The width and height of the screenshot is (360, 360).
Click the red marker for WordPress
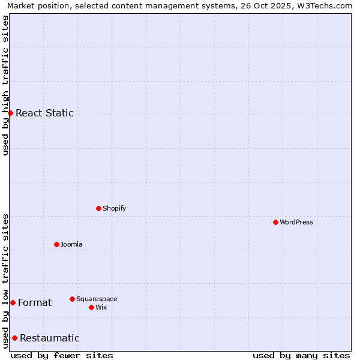click(x=275, y=222)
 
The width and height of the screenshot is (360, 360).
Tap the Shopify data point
click(x=98, y=208)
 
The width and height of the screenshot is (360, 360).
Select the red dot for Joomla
click(x=56, y=244)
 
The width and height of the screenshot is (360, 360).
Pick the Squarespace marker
click(x=72, y=299)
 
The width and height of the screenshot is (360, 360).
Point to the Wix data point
click(x=91, y=307)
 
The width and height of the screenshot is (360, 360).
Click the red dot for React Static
click(x=10, y=113)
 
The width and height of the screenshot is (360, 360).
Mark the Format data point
click(x=13, y=302)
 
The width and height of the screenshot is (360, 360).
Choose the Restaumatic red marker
click(x=14, y=338)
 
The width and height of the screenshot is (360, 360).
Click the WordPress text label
click(x=296, y=222)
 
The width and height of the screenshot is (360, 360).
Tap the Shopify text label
click(x=115, y=208)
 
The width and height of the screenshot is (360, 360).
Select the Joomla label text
click(x=71, y=244)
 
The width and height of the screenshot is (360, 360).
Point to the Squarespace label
click(x=97, y=299)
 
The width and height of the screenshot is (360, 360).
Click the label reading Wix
click(x=101, y=307)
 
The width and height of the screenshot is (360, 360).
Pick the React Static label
click(x=44, y=113)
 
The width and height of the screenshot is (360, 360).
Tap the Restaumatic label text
click(x=50, y=338)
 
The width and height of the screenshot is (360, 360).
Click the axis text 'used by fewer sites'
click(x=62, y=355)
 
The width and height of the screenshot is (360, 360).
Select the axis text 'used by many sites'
click(x=301, y=355)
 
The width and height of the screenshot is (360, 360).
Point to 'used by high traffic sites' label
click(x=5, y=86)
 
